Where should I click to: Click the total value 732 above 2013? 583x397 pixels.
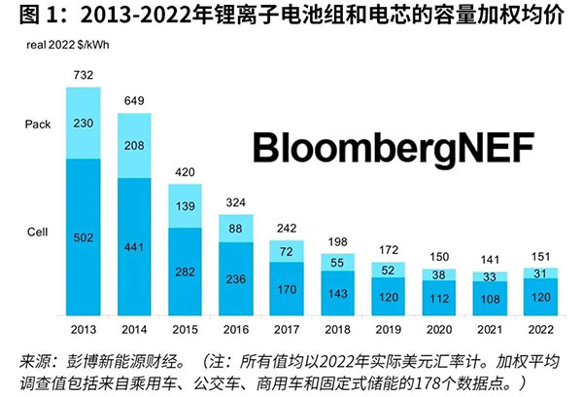point(84,74)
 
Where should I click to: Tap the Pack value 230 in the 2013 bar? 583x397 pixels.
point(84,122)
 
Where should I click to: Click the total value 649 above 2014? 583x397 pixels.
point(134,100)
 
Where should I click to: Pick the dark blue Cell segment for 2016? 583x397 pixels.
point(235,277)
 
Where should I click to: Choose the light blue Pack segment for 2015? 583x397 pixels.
point(185,207)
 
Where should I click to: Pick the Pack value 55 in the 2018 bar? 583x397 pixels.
point(335,263)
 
